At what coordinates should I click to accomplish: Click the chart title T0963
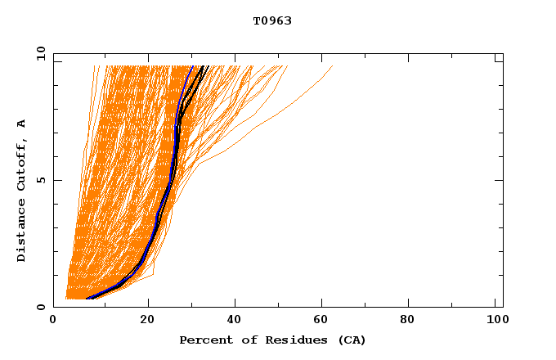[272, 20]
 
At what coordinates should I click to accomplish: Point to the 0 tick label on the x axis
[53, 321]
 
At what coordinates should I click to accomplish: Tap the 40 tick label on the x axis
[236, 321]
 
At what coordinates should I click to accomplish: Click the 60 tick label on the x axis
[325, 321]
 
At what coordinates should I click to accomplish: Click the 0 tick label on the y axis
[40, 307]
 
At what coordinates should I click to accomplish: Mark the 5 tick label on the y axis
[40, 180]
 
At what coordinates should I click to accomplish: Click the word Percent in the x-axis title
[202, 340]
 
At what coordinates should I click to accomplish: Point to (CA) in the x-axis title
[350, 340]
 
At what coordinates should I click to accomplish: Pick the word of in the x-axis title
[237, 340]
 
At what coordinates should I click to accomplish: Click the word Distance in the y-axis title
[22, 233]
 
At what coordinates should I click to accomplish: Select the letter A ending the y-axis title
[22, 124]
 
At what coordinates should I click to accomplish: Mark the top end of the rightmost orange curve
[333, 66]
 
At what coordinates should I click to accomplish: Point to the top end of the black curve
[208, 66]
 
